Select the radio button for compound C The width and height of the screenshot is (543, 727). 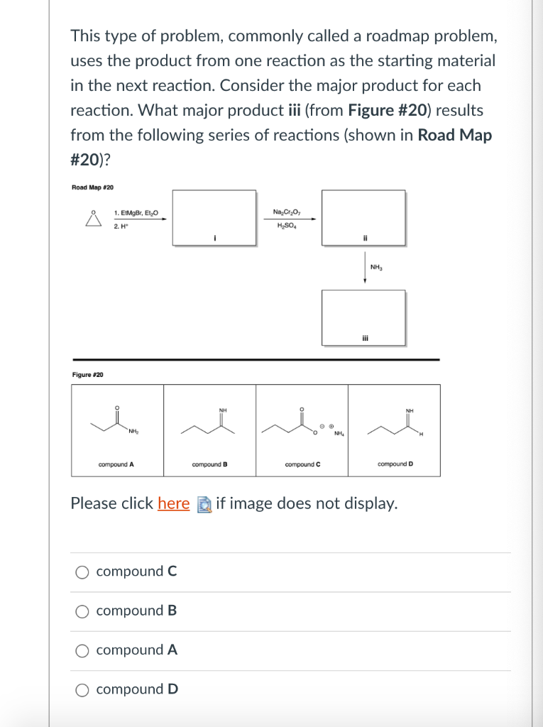83,572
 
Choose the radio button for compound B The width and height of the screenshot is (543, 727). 83,611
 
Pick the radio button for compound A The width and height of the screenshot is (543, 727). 83,650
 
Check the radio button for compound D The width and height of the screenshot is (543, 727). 83,689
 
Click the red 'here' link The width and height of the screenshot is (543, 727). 173,504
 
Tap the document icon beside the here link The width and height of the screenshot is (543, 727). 203,504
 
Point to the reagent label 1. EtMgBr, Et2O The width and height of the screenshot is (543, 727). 136,212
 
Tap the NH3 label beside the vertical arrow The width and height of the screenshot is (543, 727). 376,267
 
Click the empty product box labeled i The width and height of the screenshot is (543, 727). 214,217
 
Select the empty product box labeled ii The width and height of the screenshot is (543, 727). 363,217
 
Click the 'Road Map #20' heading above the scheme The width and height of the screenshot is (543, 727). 92,187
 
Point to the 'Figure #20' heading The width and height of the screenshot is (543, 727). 87,374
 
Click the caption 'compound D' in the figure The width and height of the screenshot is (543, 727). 395,464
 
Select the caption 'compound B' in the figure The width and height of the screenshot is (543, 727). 209,464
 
